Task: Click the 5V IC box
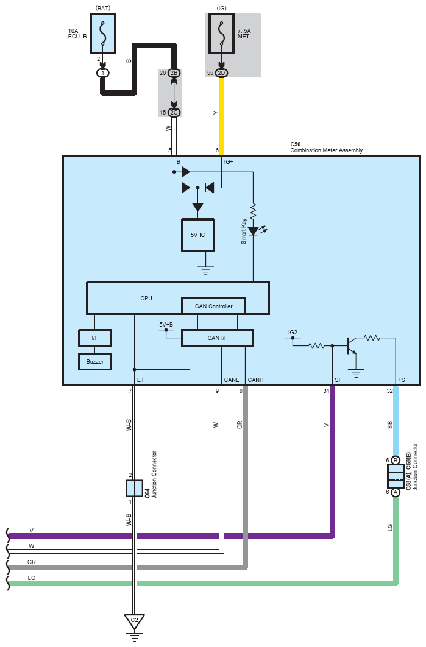tap(198, 235)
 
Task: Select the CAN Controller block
tap(213, 306)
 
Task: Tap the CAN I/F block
tap(217, 338)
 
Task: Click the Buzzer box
tap(94, 361)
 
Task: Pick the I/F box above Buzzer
tap(94, 337)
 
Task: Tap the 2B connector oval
tap(174, 73)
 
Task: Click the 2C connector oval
tap(174, 112)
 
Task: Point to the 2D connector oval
tap(221, 73)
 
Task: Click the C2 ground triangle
tap(134, 622)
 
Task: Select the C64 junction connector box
tap(134, 488)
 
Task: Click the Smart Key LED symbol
tap(254, 231)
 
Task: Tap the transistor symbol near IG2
tap(350, 345)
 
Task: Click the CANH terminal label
tap(255, 380)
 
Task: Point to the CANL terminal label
tap(231, 380)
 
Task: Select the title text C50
tap(296, 144)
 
